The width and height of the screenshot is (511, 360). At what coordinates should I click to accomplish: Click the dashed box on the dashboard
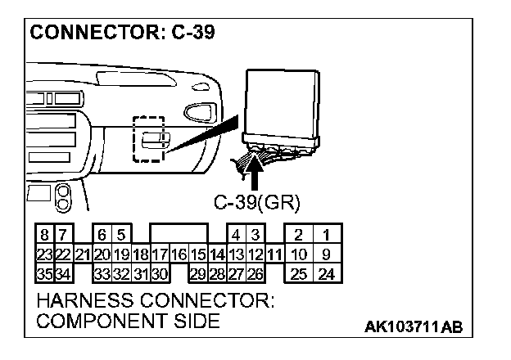148,138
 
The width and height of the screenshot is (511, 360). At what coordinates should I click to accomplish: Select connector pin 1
326,238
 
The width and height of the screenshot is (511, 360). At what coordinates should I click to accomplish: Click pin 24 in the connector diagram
326,272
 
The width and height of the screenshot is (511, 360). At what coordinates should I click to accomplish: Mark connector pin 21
82,255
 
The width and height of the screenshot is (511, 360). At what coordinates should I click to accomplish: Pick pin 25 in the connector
299,272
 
